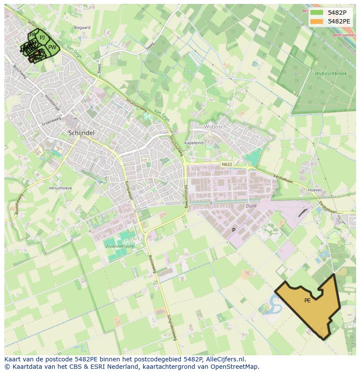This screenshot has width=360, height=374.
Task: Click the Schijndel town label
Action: (x=81, y=132)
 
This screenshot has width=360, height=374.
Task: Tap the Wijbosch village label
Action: (x=215, y=127)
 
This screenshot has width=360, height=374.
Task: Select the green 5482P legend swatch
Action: (x=317, y=13)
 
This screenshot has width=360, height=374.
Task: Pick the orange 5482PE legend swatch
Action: (x=317, y=21)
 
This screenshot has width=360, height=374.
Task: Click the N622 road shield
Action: (x=227, y=164)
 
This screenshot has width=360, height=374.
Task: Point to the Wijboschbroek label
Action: (x=331, y=74)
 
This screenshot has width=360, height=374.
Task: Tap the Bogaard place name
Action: (x=82, y=27)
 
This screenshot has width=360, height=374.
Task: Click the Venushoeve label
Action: (x=60, y=188)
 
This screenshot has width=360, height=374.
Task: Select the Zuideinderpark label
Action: (x=120, y=246)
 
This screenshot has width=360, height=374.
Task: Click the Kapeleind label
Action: (x=194, y=142)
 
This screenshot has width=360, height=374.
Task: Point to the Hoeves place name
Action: (x=315, y=190)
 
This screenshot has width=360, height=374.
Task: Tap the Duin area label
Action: (x=251, y=206)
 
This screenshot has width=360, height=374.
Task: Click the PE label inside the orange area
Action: (x=307, y=301)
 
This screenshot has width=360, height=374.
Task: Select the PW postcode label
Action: (x=52, y=47)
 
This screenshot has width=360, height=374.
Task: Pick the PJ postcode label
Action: (x=42, y=38)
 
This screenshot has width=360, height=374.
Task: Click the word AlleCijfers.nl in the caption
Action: (x=226, y=359)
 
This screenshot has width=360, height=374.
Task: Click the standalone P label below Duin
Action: (x=233, y=230)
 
